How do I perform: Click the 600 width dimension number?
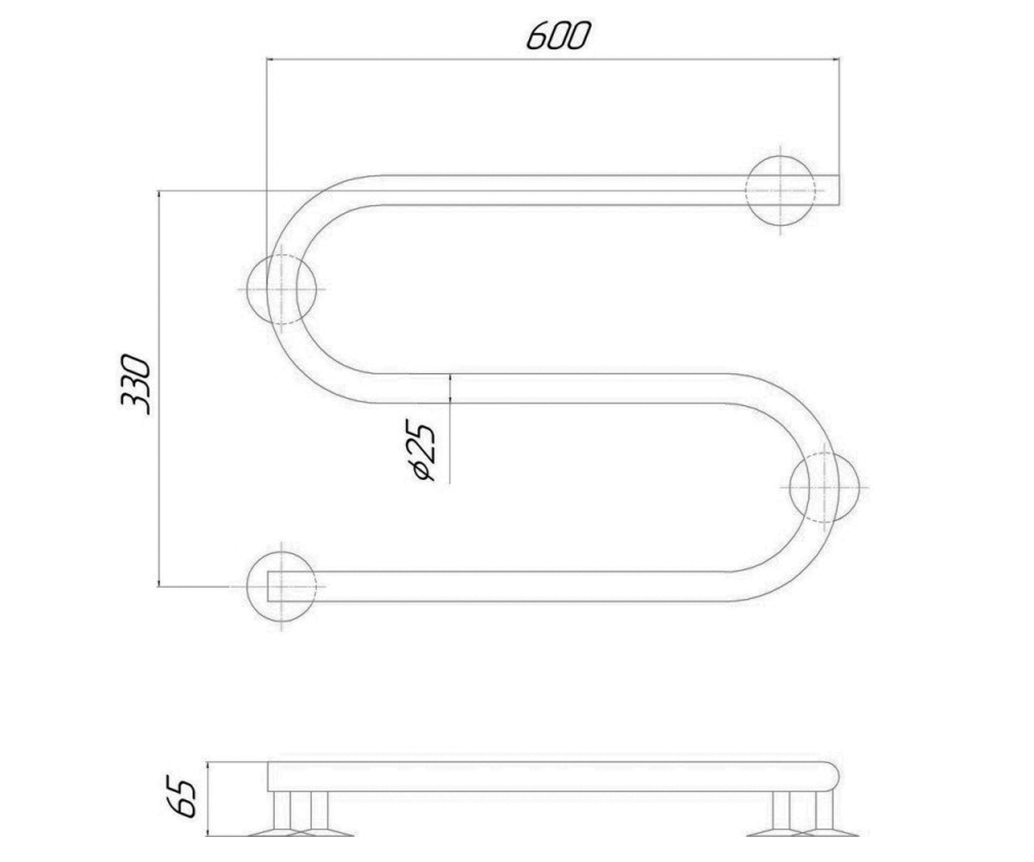point(558,35)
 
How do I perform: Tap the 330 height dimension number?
point(134,384)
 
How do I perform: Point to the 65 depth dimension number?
point(182,797)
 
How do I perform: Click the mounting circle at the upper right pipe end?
point(781,191)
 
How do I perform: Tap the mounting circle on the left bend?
point(281,289)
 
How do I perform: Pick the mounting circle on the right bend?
point(824,488)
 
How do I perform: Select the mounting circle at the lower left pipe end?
point(281,586)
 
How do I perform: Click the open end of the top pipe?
point(838,191)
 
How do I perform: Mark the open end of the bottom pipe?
point(269,586)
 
